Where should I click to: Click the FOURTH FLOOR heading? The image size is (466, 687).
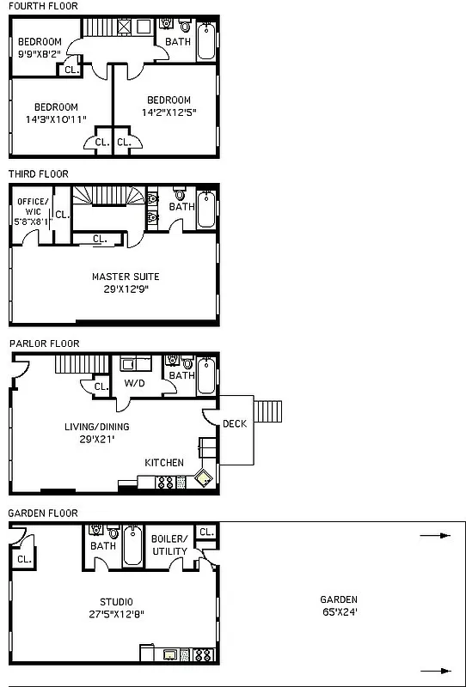pos(42,6)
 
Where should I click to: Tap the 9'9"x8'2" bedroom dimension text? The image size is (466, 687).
pos(40,54)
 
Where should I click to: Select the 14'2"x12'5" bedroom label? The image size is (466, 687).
pos(169,112)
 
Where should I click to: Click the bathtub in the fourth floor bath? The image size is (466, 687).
pos(206,42)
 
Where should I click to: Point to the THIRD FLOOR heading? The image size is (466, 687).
pos(38,174)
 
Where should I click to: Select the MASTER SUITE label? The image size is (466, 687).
pos(126,277)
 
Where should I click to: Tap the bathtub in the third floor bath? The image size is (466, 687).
pos(206,210)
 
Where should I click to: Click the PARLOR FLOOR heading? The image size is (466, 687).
pos(44,343)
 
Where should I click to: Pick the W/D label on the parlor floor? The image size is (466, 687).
pos(133,383)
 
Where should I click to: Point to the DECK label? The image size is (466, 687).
pos(235,423)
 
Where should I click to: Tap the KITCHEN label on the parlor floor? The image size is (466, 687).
pos(163,463)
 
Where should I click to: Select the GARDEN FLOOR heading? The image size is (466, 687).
pos(43,513)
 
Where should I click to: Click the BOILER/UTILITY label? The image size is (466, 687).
pos(169,544)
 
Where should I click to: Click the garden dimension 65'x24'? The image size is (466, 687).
pos(338,612)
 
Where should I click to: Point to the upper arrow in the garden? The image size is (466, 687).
pos(435,536)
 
